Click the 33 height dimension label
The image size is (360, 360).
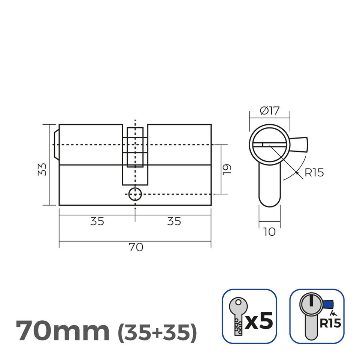(x=42, y=169)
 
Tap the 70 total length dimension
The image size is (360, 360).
(x=135, y=247)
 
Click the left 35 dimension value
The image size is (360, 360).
(x=97, y=221)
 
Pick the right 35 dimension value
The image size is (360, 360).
(x=173, y=221)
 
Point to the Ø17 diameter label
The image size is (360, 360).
(x=269, y=111)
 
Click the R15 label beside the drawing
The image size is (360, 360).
(x=314, y=173)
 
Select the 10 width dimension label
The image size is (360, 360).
(x=269, y=232)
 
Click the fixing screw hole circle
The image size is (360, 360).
(x=135, y=194)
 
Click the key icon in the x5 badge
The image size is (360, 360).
(x=237, y=316)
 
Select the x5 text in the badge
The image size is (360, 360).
(x=259, y=321)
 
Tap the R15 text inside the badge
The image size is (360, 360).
(x=331, y=323)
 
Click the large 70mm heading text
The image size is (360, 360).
(x=63, y=330)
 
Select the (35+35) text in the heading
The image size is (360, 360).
(x=157, y=331)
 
